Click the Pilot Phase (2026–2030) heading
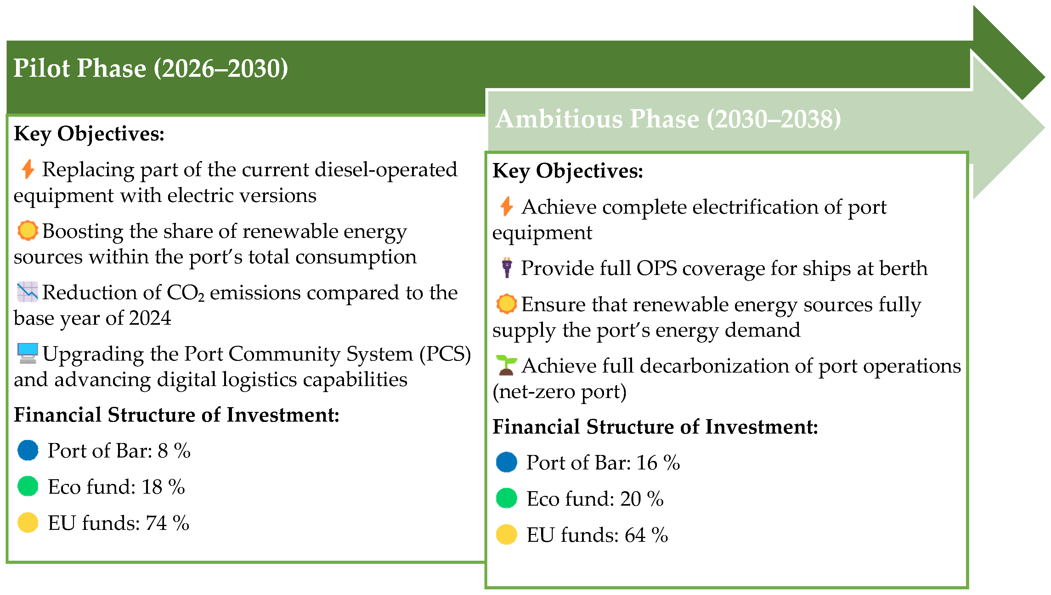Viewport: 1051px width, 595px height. (x=150, y=68)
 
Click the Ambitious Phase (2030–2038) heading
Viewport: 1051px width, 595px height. (x=668, y=119)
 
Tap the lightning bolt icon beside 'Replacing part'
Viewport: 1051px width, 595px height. (x=28, y=169)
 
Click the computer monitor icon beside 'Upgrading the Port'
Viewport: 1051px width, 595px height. (x=28, y=353)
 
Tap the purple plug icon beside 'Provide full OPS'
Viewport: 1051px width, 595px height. (x=507, y=268)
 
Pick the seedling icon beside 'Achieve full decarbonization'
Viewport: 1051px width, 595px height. (x=506, y=365)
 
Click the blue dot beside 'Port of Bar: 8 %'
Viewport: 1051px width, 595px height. (x=28, y=450)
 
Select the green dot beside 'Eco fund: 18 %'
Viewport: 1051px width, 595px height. (x=28, y=486)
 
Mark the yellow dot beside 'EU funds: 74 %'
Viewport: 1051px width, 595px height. (x=28, y=523)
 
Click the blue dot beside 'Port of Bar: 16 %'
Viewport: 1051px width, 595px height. (x=506, y=462)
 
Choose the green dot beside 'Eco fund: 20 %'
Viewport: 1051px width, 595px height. (x=506, y=498)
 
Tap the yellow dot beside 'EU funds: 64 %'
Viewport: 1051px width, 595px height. (x=506, y=535)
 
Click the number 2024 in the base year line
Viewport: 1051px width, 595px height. (x=150, y=318)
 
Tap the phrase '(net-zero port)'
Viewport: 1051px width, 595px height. (x=559, y=391)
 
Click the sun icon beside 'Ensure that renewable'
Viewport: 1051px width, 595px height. (x=506, y=304)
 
